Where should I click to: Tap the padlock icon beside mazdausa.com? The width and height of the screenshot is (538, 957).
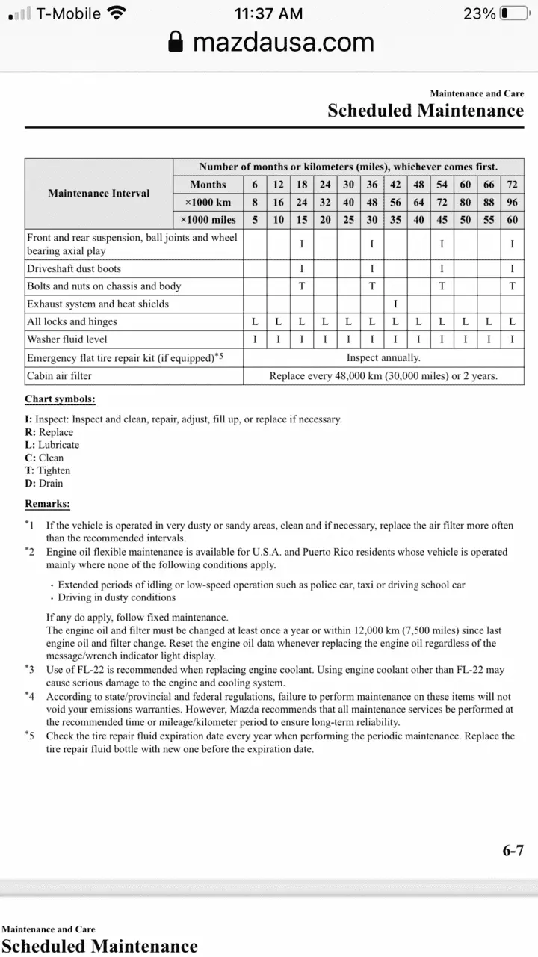[x=176, y=42]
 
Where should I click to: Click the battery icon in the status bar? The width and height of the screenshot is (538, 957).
[x=515, y=13]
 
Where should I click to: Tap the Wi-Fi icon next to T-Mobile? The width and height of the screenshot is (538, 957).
[x=117, y=13]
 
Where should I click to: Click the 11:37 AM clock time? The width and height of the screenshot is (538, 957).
[x=268, y=13]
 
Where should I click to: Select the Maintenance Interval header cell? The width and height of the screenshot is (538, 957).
[x=99, y=193]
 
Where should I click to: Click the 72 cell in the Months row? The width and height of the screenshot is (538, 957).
[x=512, y=185]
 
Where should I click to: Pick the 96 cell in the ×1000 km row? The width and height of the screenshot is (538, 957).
[x=512, y=202]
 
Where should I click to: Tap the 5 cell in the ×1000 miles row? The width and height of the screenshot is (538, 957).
[x=255, y=220]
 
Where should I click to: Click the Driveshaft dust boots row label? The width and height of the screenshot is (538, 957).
[x=74, y=268]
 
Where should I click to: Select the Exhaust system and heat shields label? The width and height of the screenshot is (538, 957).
[x=98, y=304]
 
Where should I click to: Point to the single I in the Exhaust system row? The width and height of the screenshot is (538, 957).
[x=395, y=304]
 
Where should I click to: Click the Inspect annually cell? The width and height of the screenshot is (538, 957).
[x=383, y=357]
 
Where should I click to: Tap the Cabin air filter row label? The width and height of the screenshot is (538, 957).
[x=59, y=375]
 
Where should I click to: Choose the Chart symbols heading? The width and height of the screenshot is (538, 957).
[x=60, y=399]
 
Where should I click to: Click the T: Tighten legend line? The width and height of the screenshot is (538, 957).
[x=48, y=470]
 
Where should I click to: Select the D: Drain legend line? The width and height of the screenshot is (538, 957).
[x=44, y=483]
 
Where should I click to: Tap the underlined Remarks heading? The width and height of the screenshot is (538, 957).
[x=47, y=504]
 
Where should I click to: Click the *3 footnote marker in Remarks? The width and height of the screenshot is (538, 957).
[x=30, y=669]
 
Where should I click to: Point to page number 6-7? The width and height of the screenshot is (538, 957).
[x=513, y=850]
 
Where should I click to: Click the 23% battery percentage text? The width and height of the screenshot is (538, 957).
[x=479, y=13]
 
